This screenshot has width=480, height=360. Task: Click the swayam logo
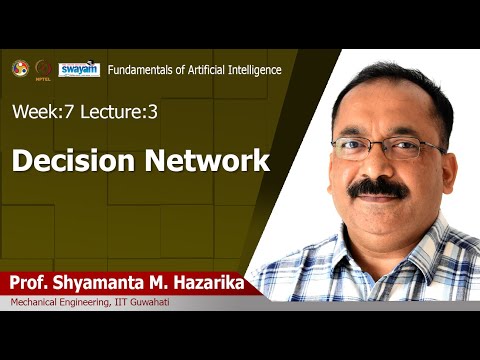coord(79,69)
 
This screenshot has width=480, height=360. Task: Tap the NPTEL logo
coord(43,69)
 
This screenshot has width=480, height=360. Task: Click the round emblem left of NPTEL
coord(20,68)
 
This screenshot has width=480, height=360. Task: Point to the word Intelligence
coord(253,69)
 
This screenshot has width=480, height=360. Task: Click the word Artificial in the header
coord(204,69)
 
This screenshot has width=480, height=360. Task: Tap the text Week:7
coord(39,111)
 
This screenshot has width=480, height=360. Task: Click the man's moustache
coord(377,187)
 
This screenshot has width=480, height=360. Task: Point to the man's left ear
coord(443,150)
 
